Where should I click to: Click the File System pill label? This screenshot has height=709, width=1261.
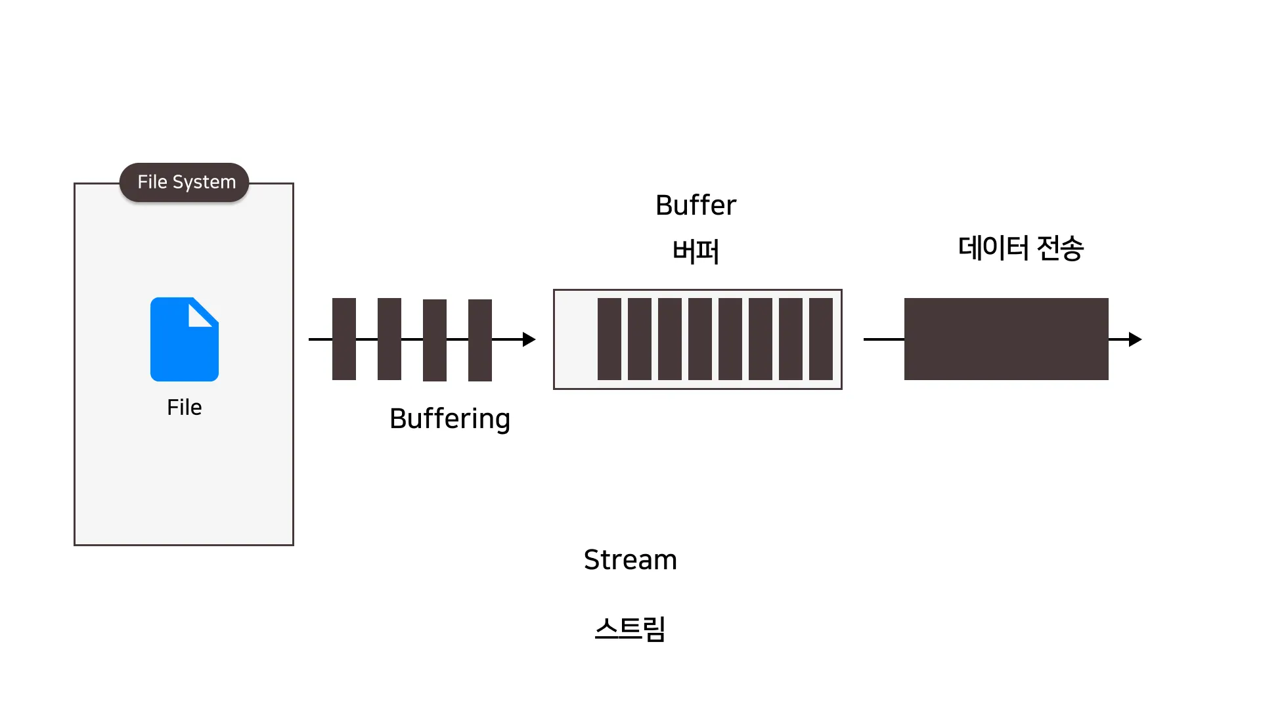(x=184, y=182)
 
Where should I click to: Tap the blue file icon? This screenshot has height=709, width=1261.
(x=185, y=339)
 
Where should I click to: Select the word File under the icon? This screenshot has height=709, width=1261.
(x=185, y=407)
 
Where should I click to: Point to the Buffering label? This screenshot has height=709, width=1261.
(x=450, y=419)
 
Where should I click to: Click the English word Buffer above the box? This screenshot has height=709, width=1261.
(x=696, y=205)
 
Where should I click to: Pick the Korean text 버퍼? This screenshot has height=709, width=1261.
(x=696, y=251)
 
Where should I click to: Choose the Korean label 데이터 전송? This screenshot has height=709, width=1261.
(x=1021, y=248)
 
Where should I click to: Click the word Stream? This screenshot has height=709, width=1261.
(x=630, y=560)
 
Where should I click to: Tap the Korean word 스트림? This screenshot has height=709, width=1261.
(x=630, y=629)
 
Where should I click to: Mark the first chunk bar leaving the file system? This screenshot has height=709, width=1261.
(x=344, y=339)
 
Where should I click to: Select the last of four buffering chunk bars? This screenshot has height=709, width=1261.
(x=480, y=340)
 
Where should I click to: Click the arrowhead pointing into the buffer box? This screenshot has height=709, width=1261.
(x=529, y=339)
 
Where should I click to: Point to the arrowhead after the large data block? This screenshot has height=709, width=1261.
(x=1136, y=339)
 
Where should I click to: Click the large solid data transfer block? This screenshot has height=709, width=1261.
(x=1006, y=339)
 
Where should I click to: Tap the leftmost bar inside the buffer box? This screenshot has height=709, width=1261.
(x=609, y=339)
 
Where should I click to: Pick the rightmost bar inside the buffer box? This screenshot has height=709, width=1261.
(x=821, y=339)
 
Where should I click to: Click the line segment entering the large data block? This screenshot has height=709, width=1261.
(x=884, y=339)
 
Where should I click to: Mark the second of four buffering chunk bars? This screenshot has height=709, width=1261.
(x=389, y=339)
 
